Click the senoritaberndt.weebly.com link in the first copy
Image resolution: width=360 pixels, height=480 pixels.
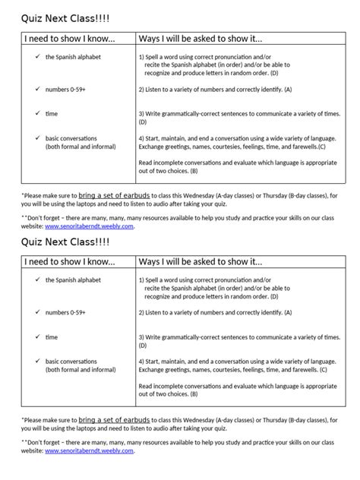90,226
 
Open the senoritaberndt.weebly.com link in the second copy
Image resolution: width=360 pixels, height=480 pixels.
90,450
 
